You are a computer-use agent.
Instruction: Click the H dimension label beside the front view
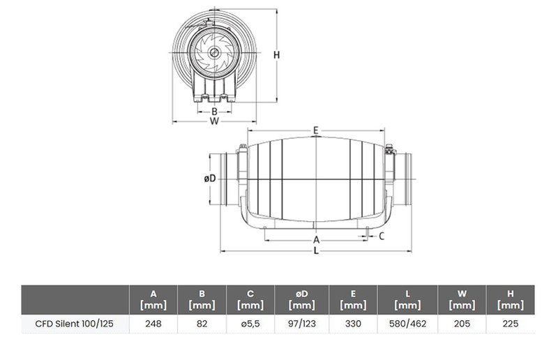[x=276, y=55]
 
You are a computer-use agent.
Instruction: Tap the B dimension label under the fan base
[x=214, y=112]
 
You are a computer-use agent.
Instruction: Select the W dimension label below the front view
[x=214, y=121]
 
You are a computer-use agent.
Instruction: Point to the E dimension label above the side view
[x=316, y=130]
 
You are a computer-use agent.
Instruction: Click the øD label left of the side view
[x=210, y=178]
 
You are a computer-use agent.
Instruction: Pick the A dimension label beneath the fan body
[x=316, y=240]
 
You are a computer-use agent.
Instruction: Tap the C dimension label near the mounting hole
[x=382, y=236]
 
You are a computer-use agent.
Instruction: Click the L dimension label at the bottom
[x=316, y=250]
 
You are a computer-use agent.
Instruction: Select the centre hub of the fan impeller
[x=214, y=53]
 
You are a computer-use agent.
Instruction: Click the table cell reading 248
[x=153, y=324]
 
